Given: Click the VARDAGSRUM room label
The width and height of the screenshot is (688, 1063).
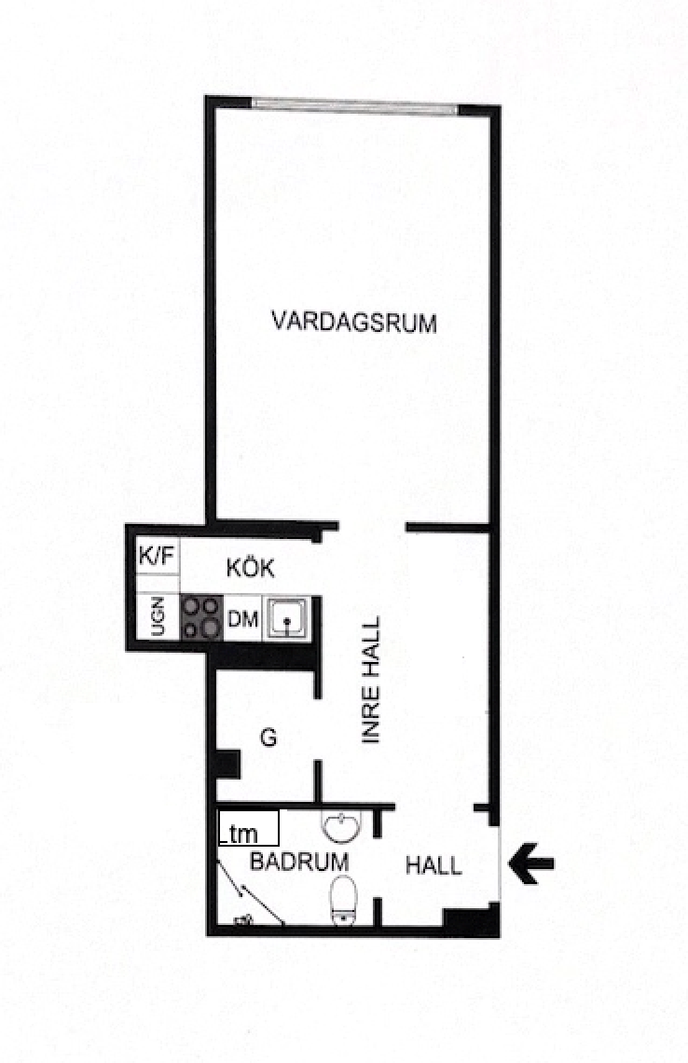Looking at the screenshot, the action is pos(353,322).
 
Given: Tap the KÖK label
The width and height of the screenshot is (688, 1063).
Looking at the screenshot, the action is pos(250,568).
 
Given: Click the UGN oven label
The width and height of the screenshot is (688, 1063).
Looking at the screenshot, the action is pos(158,616).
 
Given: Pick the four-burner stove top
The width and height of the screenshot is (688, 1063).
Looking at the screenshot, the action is pos(201,617).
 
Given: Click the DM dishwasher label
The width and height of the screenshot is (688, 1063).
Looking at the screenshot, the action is pos(242,618).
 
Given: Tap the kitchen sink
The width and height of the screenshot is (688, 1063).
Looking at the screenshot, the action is pos(287,617).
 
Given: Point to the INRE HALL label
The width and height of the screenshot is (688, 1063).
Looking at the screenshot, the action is pos(371,679).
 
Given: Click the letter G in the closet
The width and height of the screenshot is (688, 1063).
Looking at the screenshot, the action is pos(269,737).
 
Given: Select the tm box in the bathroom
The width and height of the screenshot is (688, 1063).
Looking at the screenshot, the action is pos(248,828).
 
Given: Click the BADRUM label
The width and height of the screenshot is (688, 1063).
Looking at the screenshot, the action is pos(299,862).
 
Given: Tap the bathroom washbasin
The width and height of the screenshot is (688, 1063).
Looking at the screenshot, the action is pos(341,826).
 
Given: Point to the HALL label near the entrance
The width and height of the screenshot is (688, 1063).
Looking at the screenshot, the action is pos(433,865).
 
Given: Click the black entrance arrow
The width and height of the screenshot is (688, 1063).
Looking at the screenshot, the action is pos(531,863).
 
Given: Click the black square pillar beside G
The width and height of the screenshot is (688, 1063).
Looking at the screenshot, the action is pos(227,764).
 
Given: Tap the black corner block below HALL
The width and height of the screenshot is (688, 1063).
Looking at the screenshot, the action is pos(471,920).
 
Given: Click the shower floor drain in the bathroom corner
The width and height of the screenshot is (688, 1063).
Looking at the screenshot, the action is pos(242,920).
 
